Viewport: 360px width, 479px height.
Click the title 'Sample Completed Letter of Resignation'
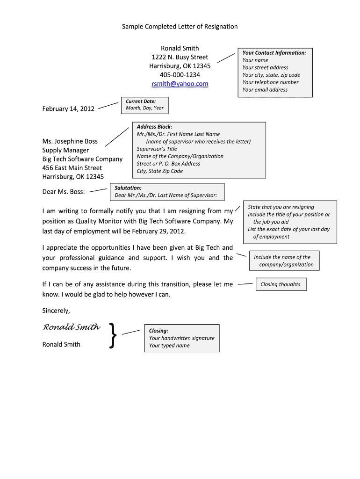[x=180, y=27]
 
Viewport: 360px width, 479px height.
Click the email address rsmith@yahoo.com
[x=180, y=84]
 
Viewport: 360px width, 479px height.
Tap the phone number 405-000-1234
[x=180, y=75]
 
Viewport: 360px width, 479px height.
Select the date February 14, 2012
[x=68, y=109]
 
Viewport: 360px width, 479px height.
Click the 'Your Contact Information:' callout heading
[x=274, y=53]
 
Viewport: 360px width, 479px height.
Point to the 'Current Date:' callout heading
[x=141, y=101]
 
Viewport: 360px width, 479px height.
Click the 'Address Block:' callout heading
[x=154, y=127]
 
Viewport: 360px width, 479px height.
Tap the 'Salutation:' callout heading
[x=128, y=188]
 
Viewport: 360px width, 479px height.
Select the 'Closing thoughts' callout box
[x=281, y=284]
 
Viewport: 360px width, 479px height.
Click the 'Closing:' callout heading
[x=158, y=331]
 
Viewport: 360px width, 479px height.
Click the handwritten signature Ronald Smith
[x=71, y=327]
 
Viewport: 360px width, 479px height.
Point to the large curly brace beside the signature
[x=112, y=335]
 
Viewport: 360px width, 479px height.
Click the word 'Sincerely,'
[x=56, y=310]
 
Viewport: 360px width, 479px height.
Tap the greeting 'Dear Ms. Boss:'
[x=64, y=192]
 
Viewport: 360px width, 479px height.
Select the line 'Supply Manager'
[x=65, y=150]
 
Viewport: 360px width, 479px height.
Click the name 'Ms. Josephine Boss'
[x=70, y=141]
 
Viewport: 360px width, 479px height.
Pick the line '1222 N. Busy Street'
[x=180, y=57]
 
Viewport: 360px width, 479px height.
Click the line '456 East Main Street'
[x=72, y=168]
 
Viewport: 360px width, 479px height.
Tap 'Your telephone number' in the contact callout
[x=270, y=82]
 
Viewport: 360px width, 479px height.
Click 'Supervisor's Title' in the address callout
[x=157, y=149]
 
